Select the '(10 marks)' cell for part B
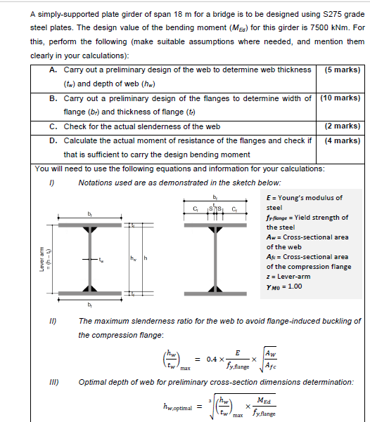[340, 98]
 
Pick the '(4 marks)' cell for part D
[343, 140]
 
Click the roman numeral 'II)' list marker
[52, 321]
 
